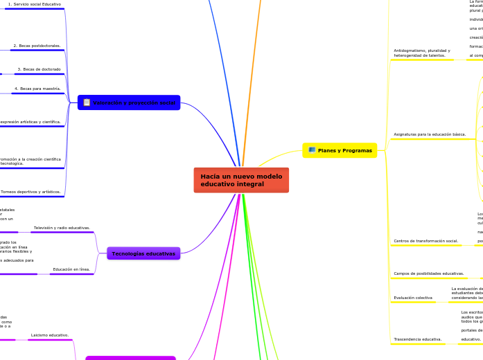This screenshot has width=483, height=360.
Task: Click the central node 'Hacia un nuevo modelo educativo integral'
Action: pyautogui.click(x=241, y=180)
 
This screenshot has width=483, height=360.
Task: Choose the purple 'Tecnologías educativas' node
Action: pyautogui.click(x=143, y=253)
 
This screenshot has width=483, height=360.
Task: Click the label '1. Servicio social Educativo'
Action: pyautogui.click(x=34, y=4)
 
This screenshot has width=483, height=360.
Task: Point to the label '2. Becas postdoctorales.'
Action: pyautogui.click(x=37, y=46)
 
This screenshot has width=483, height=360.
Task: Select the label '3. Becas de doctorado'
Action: pyautogui.click(x=39, y=69)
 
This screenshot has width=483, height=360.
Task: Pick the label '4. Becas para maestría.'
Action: pyautogui.click(x=37, y=89)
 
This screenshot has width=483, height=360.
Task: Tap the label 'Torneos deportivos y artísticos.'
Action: pyautogui.click(x=30, y=192)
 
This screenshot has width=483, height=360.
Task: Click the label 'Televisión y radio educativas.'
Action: pyautogui.click(x=62, y=228)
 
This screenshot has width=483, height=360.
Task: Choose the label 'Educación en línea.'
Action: pyautogui.click(x=71, y=269)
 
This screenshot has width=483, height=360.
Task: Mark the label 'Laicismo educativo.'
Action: pyautogui.click(x=49, y=335)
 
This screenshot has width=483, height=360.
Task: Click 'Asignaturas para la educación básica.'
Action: pyautogui.click(x=430, y=134)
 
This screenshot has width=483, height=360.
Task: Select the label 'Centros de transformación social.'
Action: pyautogui.click(x=425, y=241)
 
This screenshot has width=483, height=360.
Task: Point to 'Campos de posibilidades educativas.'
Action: pyautogui.click(x=428, y=273)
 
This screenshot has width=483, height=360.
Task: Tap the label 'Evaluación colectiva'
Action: pyautogui.click(x=413, y=298)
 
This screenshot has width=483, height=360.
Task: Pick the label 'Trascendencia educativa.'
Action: pyautogui.click(x=417, y=339)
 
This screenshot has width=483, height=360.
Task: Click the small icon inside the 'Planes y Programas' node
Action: pyautogui.click(x=312, y=150)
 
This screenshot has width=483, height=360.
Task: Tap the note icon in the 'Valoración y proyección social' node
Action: pyautogui.click(x=87, y=102)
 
